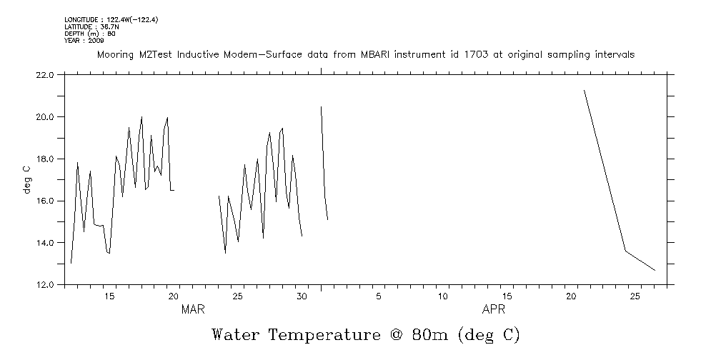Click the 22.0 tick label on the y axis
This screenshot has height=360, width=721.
pos(44,75)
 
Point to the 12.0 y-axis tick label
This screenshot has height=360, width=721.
pos(44,285)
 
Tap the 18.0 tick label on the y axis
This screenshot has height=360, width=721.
pos(44,159)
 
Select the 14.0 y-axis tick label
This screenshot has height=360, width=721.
pos(44,243)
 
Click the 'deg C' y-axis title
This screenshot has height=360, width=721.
pos(26,179)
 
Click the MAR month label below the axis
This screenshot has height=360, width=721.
pos(194,309)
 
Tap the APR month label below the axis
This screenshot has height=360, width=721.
pos(494,309)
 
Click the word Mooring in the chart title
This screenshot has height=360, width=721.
pos(116,55)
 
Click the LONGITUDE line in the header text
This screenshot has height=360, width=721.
pos(111,20)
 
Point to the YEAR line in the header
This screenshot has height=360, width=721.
pos(84,41)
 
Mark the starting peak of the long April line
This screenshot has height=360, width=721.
pos(585,91)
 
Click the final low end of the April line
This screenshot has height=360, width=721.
pos(655,270)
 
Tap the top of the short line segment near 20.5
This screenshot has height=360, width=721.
pos(321,106)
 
